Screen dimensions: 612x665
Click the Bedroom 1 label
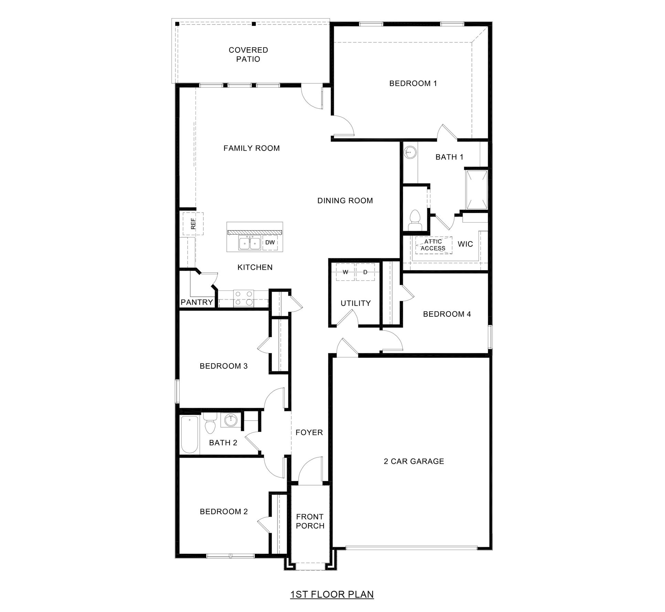413,83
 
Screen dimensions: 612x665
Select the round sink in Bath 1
410,151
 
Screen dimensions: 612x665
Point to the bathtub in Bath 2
189,435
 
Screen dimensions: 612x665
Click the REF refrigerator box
193,224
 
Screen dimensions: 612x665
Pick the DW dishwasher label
270,243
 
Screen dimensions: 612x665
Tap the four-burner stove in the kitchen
243,298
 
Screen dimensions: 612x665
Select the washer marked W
345,272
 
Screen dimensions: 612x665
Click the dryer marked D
365,272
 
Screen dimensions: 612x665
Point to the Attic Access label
433,245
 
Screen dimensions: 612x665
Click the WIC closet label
465,244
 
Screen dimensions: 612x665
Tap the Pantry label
197,302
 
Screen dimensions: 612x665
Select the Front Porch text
310,521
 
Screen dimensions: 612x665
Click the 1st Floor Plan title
332,594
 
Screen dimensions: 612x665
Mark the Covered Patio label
248,54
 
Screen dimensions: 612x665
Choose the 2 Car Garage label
414,461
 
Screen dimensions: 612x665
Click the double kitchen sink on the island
250,243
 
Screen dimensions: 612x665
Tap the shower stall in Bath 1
476,190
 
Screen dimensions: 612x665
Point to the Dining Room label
345,201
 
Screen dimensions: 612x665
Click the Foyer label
309,432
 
